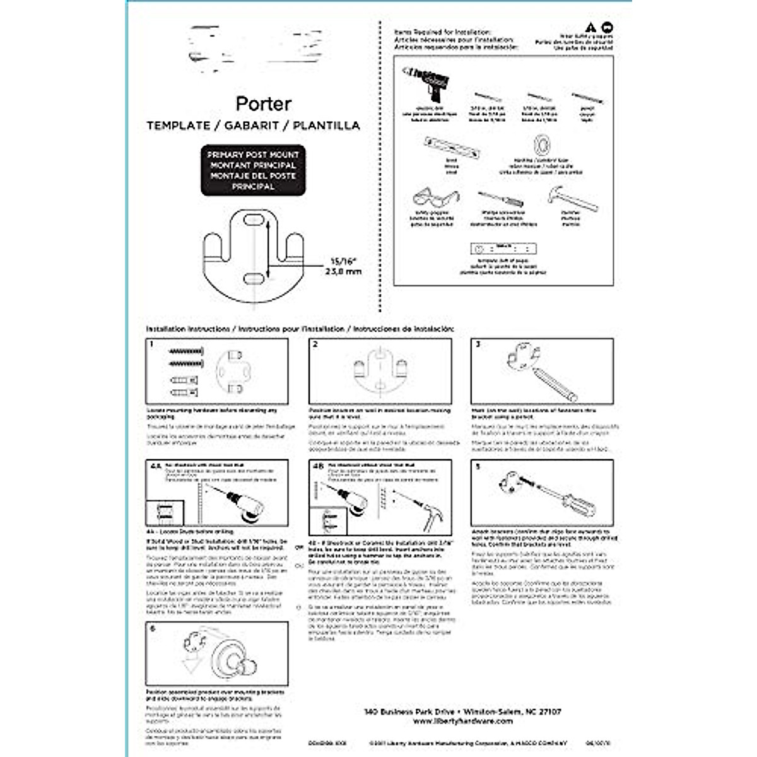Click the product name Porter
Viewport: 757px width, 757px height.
(263, 103)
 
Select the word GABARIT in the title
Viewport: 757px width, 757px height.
(253, 126)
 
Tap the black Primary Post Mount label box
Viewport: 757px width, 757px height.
(253, 170)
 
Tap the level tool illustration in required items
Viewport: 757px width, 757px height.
(452, 146)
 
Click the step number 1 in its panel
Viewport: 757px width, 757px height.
(151, 344)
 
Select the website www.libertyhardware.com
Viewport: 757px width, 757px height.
(463, 721)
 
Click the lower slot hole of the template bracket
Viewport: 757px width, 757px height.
(253, 278)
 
